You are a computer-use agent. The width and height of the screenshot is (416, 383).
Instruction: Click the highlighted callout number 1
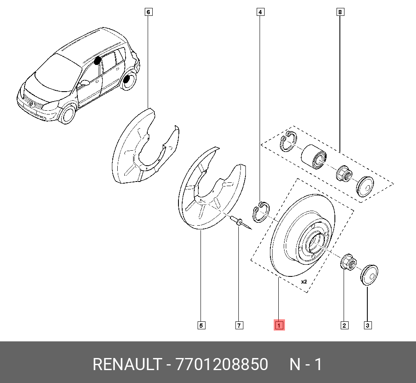279,325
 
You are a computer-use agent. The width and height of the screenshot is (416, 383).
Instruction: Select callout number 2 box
344,325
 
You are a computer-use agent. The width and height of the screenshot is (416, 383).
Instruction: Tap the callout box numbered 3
367,325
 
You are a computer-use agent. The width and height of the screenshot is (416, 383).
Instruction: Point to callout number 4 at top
260,12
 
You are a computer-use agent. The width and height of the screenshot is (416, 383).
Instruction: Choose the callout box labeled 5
201,325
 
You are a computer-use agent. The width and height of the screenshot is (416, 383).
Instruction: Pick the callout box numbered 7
239,325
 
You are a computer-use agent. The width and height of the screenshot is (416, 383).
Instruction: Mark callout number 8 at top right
340,12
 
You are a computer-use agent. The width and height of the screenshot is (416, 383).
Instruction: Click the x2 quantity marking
304,282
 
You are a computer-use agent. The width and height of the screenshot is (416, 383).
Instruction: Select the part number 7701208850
222,365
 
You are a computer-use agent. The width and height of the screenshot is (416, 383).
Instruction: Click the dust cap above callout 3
369,274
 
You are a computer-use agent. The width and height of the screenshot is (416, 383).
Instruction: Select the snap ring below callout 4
261,212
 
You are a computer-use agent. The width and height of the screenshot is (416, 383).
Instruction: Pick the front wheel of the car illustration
67,114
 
